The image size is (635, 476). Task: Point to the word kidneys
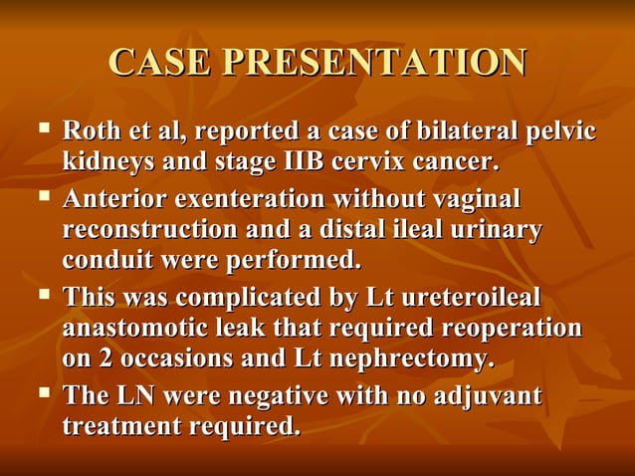[106, 160]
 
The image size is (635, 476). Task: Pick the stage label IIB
[301, 160]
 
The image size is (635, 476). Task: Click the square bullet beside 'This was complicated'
[43, 296]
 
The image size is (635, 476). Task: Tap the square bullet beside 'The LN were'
[43, 394]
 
